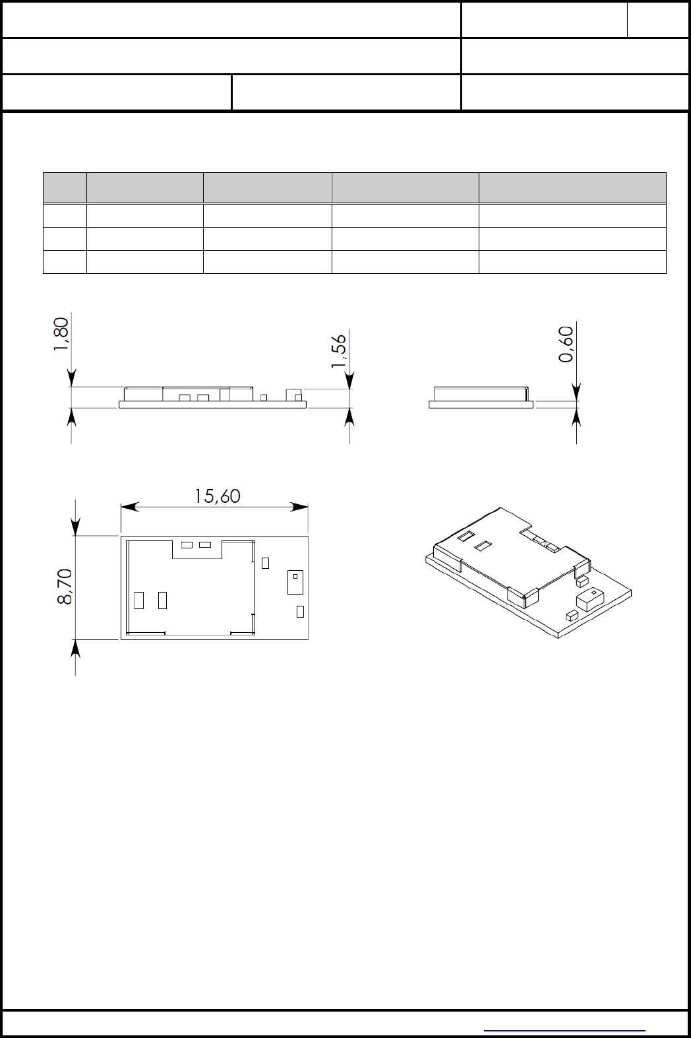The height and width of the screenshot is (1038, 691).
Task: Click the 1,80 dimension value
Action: click(61, 334)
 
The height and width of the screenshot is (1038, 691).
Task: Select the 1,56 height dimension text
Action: click(339, 351)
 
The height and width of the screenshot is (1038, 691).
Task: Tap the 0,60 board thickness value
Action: click(566, 344)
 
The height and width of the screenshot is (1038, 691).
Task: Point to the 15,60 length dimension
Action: click(217, 496)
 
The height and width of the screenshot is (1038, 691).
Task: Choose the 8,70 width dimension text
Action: click(65, 587)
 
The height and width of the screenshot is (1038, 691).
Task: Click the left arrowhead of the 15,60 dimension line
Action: click(130, 507)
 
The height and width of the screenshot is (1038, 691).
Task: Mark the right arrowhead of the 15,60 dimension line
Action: click(299, 507)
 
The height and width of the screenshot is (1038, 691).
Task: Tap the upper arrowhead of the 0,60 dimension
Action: click(577, 392)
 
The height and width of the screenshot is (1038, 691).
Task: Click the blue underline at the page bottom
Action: click(564, 1031)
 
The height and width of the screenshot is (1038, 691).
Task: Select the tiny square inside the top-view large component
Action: click(295, 577)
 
